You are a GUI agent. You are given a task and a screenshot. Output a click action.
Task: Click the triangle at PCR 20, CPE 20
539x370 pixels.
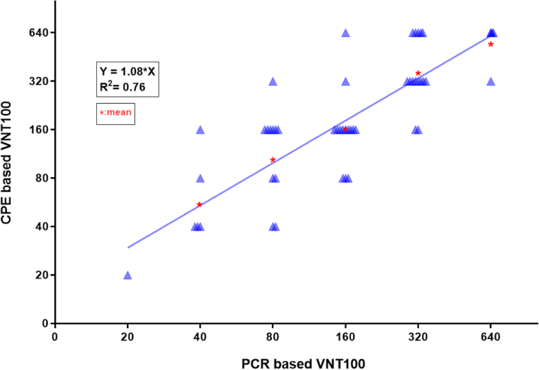click(x=127, y=275)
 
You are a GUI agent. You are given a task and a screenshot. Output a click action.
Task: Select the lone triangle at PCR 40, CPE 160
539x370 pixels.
click(x=200, y=130)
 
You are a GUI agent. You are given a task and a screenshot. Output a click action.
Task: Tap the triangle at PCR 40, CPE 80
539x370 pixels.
click(x=200, y=178)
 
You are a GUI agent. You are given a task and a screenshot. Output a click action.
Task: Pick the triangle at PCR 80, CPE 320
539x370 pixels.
click(x=273, y=82)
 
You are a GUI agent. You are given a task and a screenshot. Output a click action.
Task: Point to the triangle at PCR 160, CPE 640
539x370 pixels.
click(x=345, y=33)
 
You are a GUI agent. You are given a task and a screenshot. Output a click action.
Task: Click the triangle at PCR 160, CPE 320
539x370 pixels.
click(x=345, y=82)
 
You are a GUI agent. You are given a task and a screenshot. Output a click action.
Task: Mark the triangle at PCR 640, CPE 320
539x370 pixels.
click(x=491, y=82)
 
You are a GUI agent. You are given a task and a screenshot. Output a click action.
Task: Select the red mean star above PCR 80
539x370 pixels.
click(x=273, y=161)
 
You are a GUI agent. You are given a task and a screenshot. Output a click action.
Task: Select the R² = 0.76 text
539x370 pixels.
click(x=119, y=86)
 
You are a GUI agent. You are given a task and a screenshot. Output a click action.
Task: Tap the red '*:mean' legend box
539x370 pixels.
click(x=115, y=114)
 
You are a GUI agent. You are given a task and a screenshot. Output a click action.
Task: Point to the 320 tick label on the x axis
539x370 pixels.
click(x=418, y=336)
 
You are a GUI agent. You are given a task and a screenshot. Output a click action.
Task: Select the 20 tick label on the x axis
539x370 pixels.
click(x=127, y=336)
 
